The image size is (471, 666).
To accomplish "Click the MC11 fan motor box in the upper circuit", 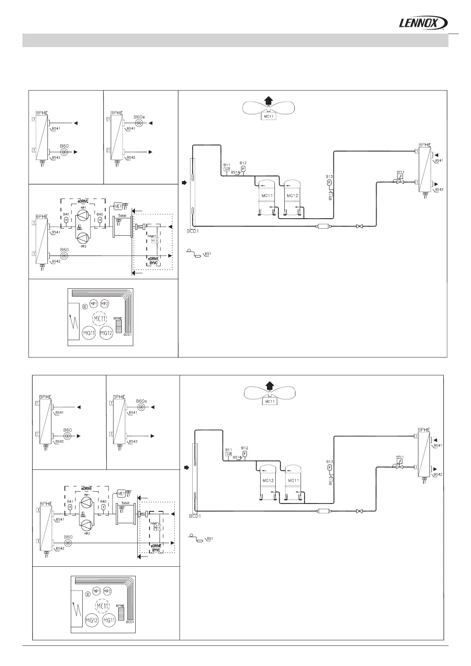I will tap(269, 116).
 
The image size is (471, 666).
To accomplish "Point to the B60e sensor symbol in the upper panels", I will tap(140, 123).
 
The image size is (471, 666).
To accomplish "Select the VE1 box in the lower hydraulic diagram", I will tap(121, 494).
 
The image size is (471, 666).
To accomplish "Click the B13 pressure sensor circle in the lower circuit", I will tap(329, 467).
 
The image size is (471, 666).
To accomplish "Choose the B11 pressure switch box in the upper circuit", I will tap(227, 169).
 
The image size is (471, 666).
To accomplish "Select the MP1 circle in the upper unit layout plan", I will tap(94, 304).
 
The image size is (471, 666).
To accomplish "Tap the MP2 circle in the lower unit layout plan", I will tap(107, 591).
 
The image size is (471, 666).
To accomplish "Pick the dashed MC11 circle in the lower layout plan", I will tap(101, 606).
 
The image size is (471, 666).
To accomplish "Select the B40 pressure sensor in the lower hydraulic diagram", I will tap(103, 507).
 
